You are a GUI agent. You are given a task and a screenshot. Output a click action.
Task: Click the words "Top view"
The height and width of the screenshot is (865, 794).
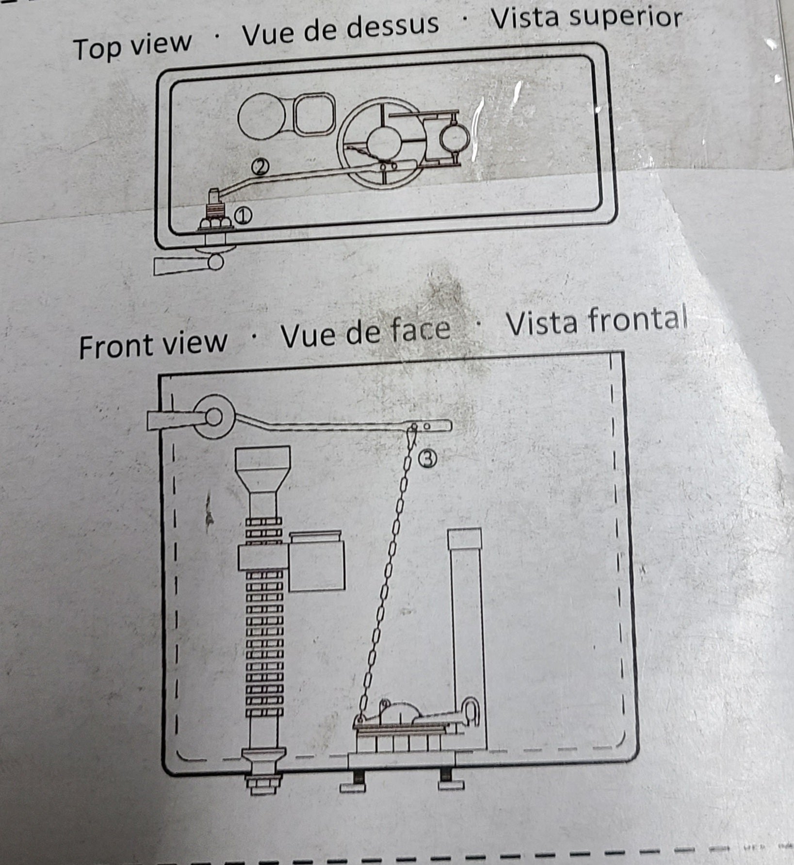click(133, 45)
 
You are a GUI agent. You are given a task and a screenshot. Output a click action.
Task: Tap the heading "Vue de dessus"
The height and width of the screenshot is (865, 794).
click(340, 29)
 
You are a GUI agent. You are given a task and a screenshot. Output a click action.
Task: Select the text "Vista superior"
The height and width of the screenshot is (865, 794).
click(586, 17)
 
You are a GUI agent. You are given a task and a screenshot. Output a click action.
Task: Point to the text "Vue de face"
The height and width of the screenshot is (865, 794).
click(366, 332)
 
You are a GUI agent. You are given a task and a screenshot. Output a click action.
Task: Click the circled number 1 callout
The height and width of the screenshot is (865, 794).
click(243, 216)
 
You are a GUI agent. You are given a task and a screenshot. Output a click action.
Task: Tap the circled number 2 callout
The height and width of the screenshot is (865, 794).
click(259, 167)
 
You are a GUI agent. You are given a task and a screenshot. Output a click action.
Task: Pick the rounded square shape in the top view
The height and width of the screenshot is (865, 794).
click(314, 114)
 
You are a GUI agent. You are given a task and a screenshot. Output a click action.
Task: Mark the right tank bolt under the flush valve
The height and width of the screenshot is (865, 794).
click(450, 779)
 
